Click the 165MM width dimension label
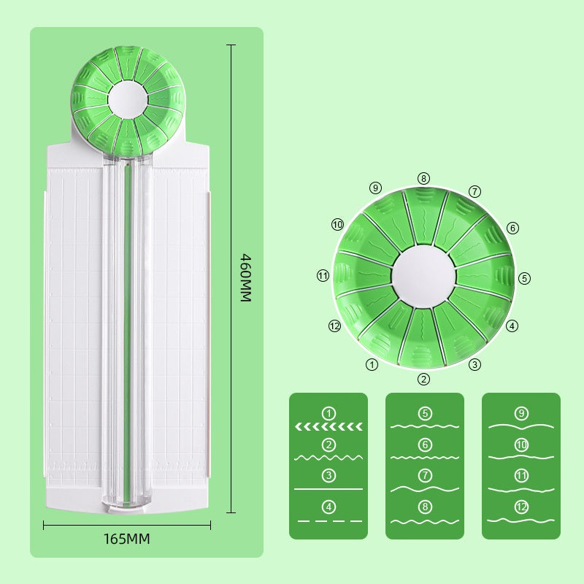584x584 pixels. click(x=126, y=539)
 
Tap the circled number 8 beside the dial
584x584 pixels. click(x=424, y=178)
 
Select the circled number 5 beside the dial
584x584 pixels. click(x=524, y=278)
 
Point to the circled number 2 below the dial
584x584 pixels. click(x=424, y=379)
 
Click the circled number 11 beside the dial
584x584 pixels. click(x=323, y=275)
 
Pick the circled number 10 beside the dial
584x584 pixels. click(x=337, y=225)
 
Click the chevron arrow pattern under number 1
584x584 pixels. click(x=328, y=426)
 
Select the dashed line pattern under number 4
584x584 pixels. click(x=328, y=520)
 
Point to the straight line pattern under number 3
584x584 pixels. click(x=328, y=488)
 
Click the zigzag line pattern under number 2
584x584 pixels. click(x=328, y=457)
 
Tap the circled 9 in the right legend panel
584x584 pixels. click(x=521, y=413)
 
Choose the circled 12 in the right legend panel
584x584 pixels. click(x=521, y=507)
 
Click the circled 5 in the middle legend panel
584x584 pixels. click(x=425, y=413)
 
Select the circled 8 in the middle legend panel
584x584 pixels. click(x=425, y=507)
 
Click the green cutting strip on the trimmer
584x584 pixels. click(x=128, y=328)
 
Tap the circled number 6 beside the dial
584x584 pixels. click(x=512, y=228)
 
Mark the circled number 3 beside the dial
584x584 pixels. click(x=474, y=364)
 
